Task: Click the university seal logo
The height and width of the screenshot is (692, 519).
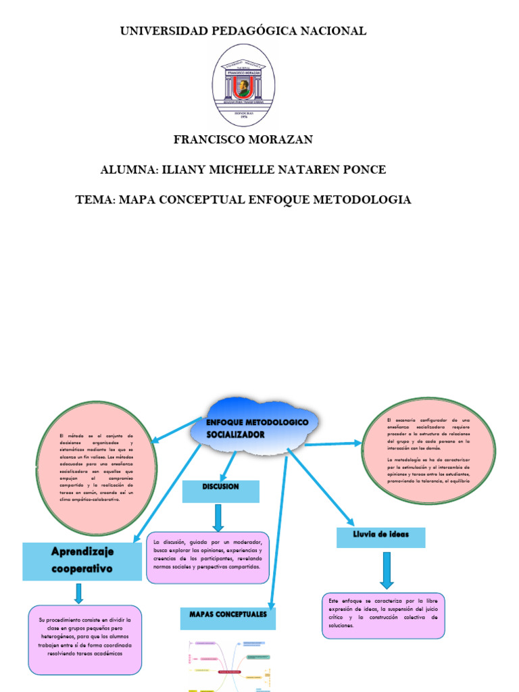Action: click(x=243, y=85)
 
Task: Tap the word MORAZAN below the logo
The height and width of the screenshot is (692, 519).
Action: click(x=278, y=140)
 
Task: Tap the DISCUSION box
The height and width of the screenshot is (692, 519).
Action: click(x=220, y=491)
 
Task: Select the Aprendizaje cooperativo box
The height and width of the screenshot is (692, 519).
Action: click(x=82, y=560)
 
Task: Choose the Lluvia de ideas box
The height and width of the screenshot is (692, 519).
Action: click(x=381, y=537)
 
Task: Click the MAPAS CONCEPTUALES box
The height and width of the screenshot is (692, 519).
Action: click(x=228, y=618)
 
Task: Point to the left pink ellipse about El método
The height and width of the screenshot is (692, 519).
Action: click(x=97, y=468)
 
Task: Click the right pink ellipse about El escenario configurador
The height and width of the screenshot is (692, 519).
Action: click(x=428, y=450)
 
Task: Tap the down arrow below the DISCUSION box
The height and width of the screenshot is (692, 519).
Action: click(x=218, y=518)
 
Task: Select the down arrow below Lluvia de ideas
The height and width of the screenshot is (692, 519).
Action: click(x=387, y=570)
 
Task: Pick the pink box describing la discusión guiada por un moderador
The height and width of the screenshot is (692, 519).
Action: click(x=207, y=558)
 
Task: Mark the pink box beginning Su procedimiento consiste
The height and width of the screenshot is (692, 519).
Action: click(x=85, y=640)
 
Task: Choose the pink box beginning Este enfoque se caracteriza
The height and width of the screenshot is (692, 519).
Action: click(x=383, y=616)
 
